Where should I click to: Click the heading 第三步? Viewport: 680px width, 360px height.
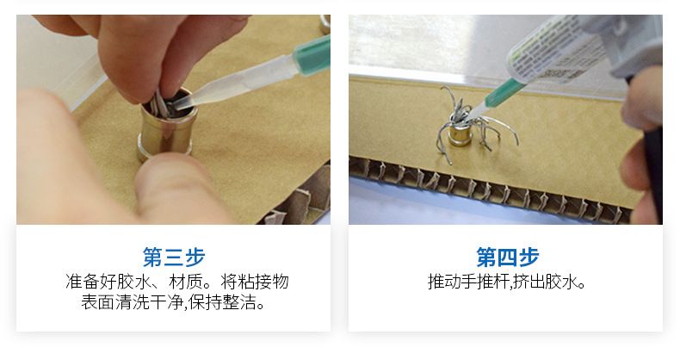coord(174,257)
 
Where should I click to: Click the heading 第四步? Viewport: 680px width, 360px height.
coord(507,257)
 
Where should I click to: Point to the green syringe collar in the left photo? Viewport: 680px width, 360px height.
coord(312,55)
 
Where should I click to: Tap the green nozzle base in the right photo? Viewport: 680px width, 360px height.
coord(504,93)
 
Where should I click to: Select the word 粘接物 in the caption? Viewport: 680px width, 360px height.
coord(263,282)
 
